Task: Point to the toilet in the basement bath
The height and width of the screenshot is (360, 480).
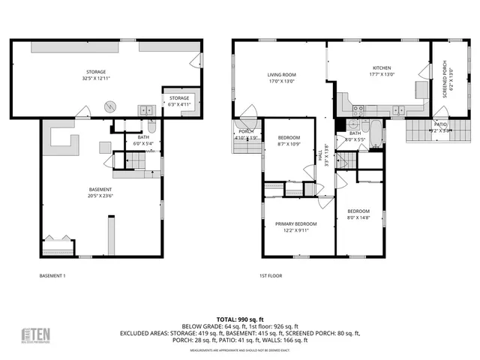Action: [x=151, y=126]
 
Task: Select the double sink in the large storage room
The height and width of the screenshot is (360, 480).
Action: [x=144, y=110]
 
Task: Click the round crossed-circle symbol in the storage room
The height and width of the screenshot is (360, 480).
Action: [x=111, y=106]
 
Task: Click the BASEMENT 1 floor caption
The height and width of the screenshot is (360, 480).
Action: [x=52, y=276]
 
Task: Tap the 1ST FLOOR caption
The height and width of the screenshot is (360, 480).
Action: [x=270, y=276]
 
